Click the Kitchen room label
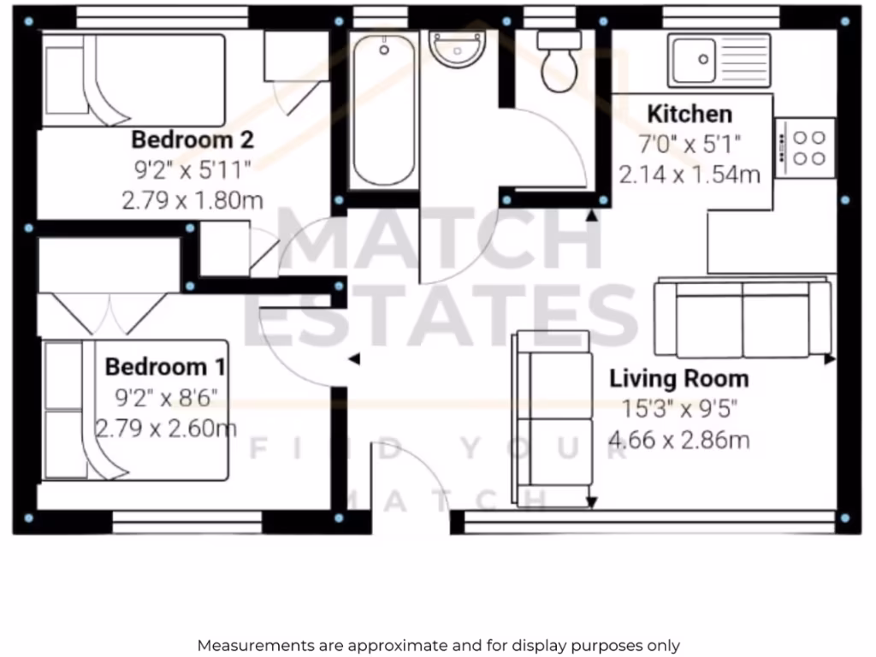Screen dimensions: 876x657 [x=689, y=114]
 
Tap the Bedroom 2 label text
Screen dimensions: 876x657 [x=192, y=139]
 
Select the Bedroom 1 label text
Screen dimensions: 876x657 [x=165, y=367]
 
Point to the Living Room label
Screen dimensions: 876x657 [x=678, y=378]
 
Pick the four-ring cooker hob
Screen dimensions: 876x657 [x=805, y=147]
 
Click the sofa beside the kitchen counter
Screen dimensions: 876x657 [x=742, y=318]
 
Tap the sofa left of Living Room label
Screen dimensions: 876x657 [x=553, y=419]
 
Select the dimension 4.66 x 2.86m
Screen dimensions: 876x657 [x=678, y=441]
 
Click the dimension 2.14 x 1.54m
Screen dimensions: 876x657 [x=690, y=175]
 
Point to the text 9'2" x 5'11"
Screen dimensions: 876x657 [x=192, y=169]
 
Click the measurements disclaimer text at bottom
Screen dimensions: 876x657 [x=438, y=645]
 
